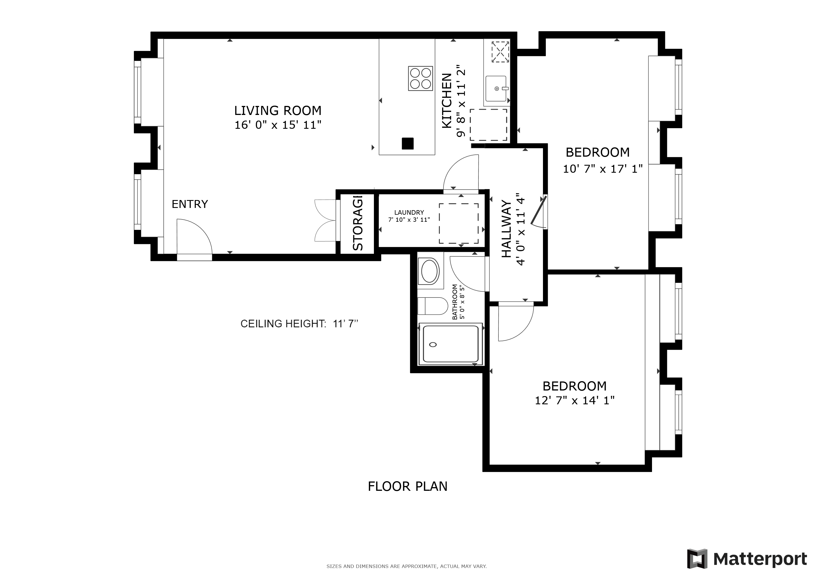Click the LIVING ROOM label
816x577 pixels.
click(278, 110)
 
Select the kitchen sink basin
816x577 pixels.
click(496, 88)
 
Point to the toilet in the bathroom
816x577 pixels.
click(433, 306)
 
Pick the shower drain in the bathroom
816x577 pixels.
click(433, 345)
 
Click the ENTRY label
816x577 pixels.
click(190, 204)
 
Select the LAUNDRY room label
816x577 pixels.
click(409, 212)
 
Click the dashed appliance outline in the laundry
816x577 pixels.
click(459, 223)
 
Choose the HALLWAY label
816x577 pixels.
click(506, 229)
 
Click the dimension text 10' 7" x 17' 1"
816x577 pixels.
click(603, 169)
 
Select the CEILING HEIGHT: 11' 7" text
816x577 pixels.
click(299, 324)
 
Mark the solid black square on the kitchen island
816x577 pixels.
click(408, 143)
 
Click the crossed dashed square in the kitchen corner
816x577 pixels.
click(500, 52)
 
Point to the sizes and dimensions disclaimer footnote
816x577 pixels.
click(407, 566)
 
